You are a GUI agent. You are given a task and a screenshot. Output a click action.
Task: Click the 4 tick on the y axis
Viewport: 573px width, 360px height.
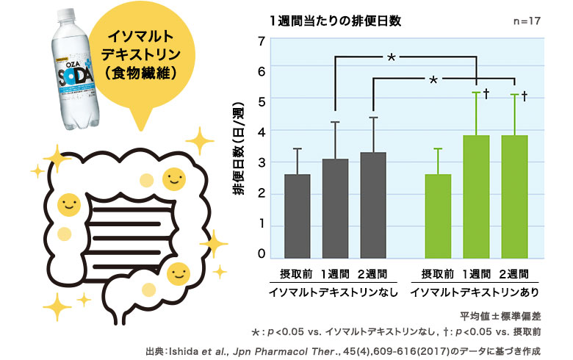tap(261, 131)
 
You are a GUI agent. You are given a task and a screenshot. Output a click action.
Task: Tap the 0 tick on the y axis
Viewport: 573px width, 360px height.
tap(261, 254)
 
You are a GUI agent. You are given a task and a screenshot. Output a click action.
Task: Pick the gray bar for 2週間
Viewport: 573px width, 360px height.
tap(373, 205)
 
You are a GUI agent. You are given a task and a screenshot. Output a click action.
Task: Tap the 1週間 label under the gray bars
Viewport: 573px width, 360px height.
tap(335, 274)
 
